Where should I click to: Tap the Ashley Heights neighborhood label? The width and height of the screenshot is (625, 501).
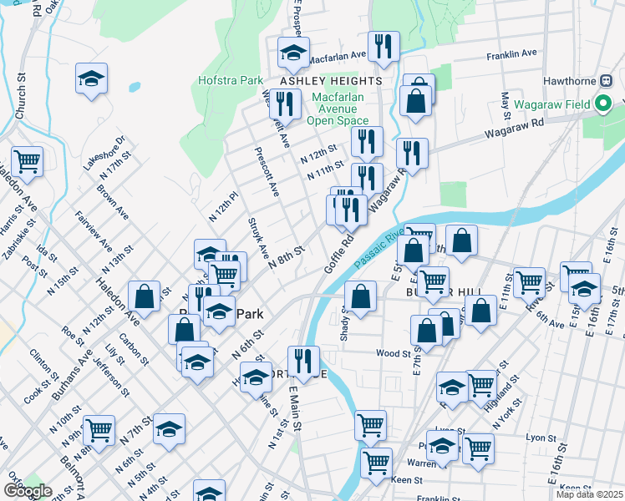click(x=330, y=81)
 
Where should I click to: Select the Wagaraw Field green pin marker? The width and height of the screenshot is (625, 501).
click(x=604, y=105)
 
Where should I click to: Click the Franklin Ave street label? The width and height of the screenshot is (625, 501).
click(x=512, y=53)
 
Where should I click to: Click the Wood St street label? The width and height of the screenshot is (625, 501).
click(x=392, y=353)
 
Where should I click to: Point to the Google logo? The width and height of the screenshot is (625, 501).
click(x=28, y=491)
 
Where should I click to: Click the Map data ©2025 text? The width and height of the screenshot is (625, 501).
click(x=589, y=494)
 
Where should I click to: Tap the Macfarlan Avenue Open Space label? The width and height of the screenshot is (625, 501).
click(x=339, y=109)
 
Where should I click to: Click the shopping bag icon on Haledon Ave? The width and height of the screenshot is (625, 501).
click(x=145, y=296)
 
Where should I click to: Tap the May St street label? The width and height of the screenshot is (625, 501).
click(x=506, y=104)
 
